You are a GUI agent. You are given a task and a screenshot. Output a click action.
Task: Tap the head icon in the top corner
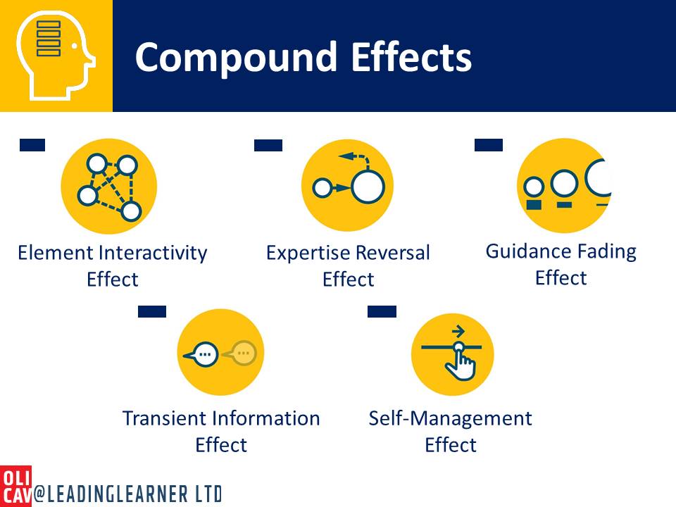56,56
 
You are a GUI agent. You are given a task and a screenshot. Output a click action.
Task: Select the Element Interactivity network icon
109,186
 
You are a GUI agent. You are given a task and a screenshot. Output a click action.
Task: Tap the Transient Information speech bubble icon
220,352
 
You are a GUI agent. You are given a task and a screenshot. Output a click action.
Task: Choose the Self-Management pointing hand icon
452,354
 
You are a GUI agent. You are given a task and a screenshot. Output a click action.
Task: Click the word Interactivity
154,253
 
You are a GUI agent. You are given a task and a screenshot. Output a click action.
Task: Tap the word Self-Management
451,418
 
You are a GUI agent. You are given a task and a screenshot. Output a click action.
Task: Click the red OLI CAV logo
15,486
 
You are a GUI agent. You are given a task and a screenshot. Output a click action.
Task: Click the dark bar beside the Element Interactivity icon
32,145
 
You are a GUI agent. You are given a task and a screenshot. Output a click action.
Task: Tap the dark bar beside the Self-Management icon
382,311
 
